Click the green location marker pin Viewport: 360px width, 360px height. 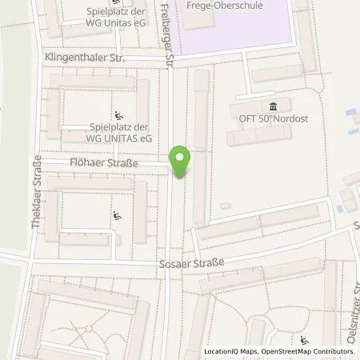click(x=180, y=160)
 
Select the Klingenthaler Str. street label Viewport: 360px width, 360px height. click(x=92, y=60)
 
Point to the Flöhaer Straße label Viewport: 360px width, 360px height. click(x=104, y=163)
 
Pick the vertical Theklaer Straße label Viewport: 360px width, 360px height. click(x=36, y=191)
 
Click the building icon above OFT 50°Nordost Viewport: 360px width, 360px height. click(x=274, y=106)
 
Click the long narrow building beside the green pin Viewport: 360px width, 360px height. click(x=200, y=144)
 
